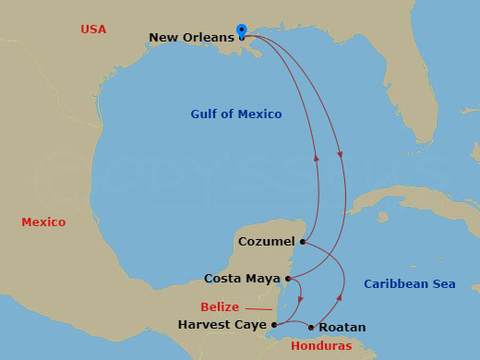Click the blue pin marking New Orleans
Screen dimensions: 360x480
point(242,31)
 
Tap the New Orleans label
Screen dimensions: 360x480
point(192,38)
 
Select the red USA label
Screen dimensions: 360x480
point(93,30)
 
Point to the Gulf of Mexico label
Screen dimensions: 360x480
point(236,114)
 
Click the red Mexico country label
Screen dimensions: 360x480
point(43,222)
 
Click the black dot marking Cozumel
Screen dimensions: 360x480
point(303,242)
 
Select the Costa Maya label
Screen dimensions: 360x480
point(242,278)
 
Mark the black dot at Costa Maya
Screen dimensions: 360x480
point(288,278)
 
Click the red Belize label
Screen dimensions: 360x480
point(220,307)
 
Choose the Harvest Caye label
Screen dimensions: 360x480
point(222,325)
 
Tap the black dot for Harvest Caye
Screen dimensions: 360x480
point(274,325)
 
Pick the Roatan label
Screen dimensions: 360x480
point(342,328)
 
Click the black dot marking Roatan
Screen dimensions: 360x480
point(311,328)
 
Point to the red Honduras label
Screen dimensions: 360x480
point(320,346)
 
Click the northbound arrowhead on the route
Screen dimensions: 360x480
point(317,158)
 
